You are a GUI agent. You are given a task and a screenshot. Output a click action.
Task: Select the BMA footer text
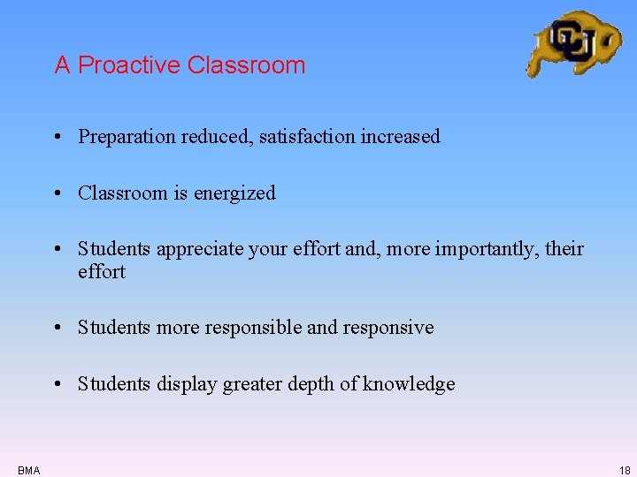(28, 471)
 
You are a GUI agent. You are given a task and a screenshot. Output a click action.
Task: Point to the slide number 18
(625, 471)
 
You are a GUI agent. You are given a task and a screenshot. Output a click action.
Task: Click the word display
(186, 384)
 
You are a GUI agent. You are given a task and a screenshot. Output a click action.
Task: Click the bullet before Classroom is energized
(56, 193)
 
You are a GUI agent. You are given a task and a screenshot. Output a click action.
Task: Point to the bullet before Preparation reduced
(56, 137)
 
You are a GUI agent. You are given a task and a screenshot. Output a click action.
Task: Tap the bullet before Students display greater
(56, 384)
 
